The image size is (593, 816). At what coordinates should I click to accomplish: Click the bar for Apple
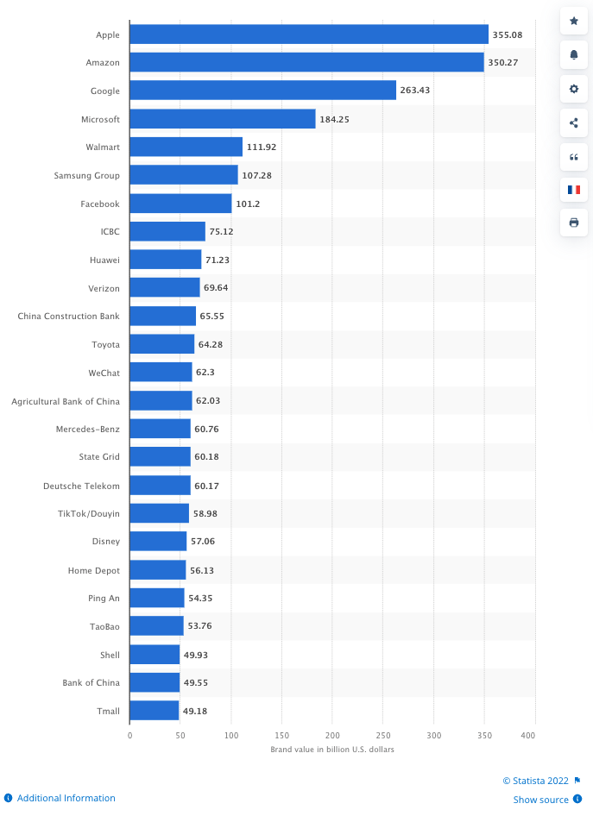[x=309, y=35]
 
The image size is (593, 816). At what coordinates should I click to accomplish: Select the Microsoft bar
[x=223, y=119]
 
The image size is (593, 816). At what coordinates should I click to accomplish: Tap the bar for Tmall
[x=155, y=711]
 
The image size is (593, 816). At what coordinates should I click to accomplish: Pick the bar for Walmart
[x=186, y=147]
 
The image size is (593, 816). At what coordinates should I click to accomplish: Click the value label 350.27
[x=503, y=63]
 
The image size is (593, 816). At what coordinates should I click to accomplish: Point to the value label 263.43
[x=415, y=91]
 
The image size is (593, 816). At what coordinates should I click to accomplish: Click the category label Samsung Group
[x=86, y=175]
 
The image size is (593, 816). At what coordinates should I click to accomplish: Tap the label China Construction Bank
[x=68, y=317]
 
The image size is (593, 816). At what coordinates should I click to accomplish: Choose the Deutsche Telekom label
[x=81, y=486]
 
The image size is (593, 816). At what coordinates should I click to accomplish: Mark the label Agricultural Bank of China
[x=66, y=401]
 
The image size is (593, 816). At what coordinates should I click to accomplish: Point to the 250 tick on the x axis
[x=383, y=735]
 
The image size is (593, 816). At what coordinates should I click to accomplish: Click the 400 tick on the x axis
[x=529, y=735]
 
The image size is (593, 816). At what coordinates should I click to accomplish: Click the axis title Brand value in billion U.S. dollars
[x=332, y=750]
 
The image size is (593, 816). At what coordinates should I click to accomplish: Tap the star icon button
[x=574, y=21]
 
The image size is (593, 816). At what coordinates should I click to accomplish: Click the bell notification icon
[x=574, y=54]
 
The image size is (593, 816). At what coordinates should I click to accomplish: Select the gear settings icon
[x=574, y=88]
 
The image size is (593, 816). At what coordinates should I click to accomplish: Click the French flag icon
[x=574, y=189]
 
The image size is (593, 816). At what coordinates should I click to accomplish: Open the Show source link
[x=541, y=800]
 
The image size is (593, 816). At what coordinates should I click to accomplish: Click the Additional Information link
[x=66, y=798]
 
